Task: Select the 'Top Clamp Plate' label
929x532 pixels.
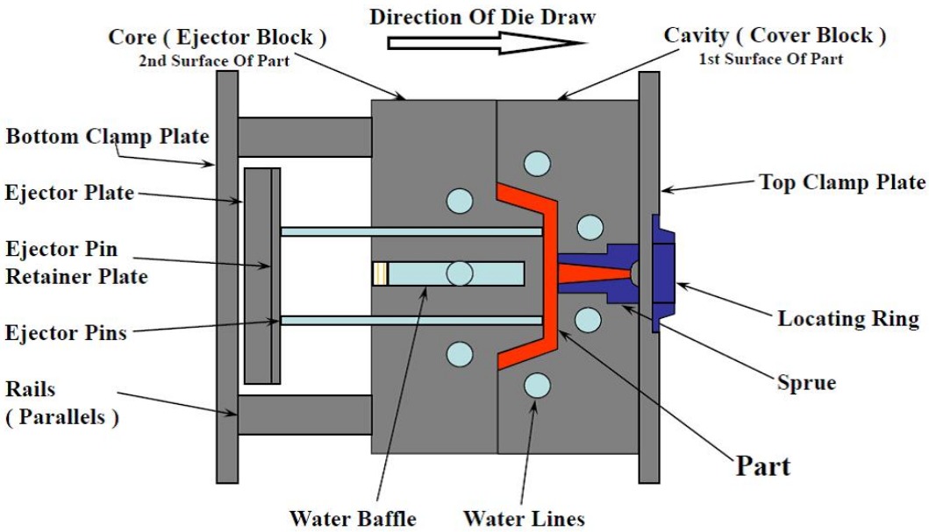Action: pos(841,182)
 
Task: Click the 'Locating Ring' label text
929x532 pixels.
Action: pos(848,319)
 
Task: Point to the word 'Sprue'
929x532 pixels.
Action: pos(806,383)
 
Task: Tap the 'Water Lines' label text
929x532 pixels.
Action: pos(524,517)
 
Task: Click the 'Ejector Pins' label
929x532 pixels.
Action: pos(66,333)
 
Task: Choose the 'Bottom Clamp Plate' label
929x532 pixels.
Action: pos(107,137)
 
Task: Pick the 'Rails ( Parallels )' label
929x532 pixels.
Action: pos(61,402)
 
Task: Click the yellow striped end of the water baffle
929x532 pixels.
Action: pos(380,273)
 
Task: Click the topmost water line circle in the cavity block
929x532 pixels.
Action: pos(537,163)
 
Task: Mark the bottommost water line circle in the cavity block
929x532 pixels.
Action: pos(537,385)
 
